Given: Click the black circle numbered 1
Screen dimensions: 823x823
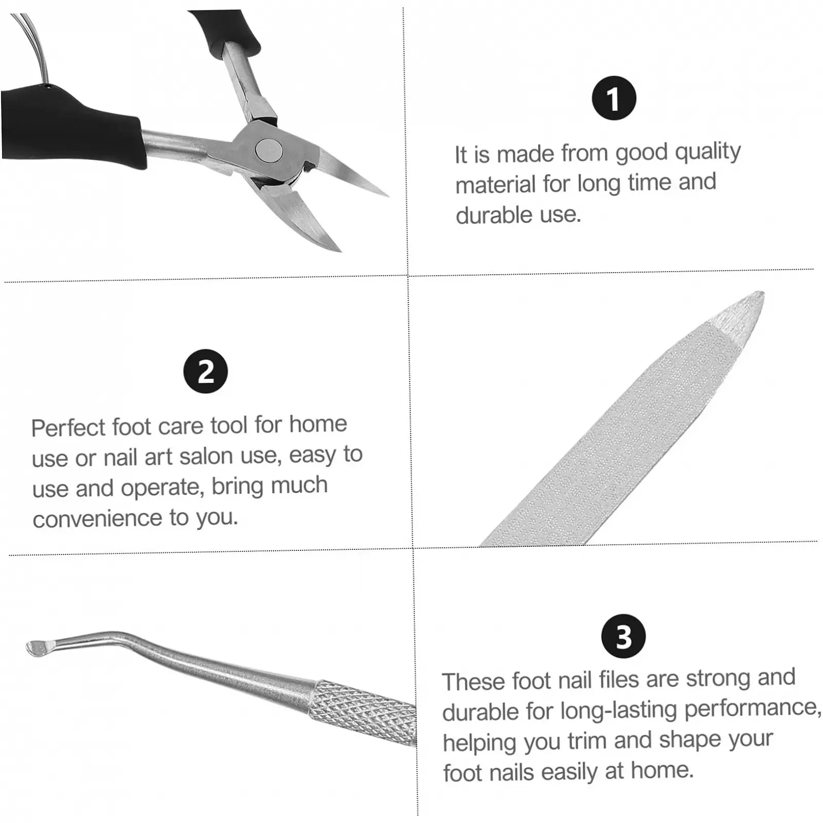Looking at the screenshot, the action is pyautogui.click(x=614, y=98).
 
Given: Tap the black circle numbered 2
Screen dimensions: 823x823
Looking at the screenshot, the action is pyautogui.click(x=206, y=371).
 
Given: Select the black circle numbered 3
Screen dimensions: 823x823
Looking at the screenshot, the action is pyautogui.click(x=623, y=637).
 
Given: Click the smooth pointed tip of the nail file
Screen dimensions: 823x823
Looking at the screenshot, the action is pyautogui.click(x=741, y=312).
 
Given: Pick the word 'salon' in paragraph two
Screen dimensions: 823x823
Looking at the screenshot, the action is pyautogui.click(x=208, y=457).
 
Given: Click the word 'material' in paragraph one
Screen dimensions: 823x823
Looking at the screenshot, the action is pyautogui.click(x=495, y=185).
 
